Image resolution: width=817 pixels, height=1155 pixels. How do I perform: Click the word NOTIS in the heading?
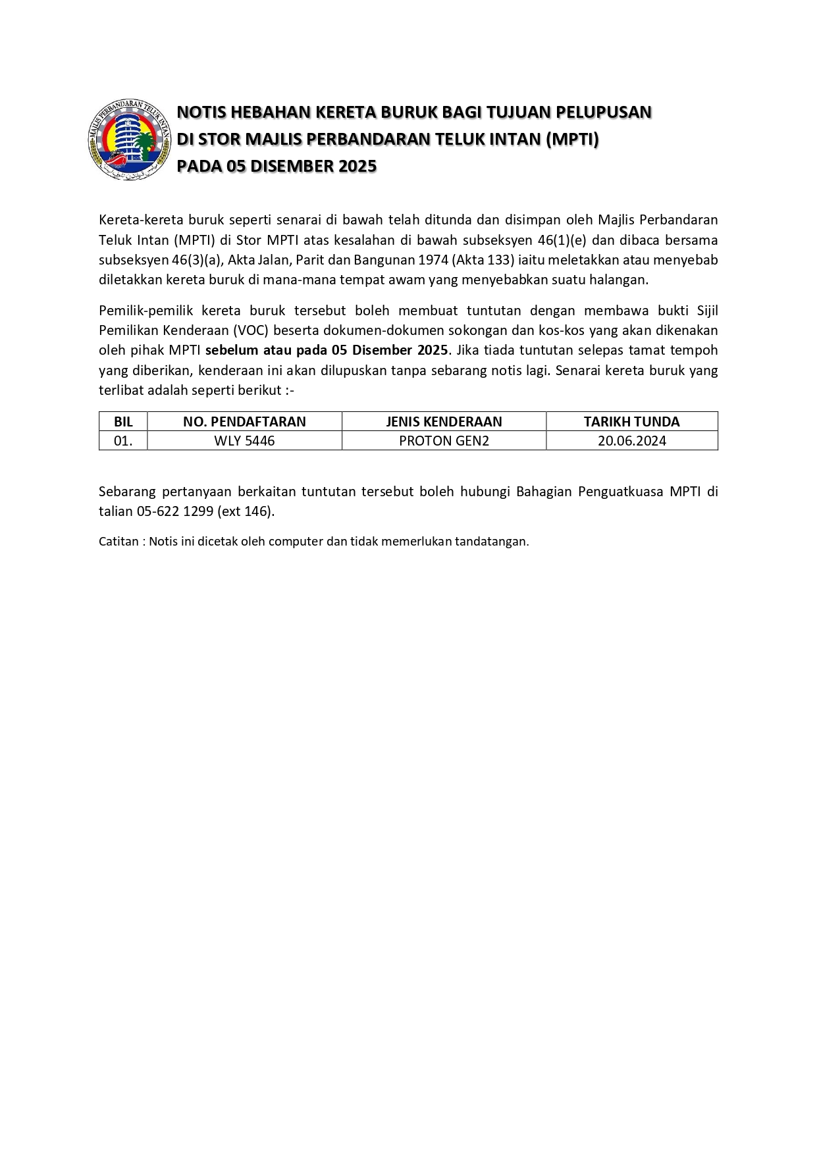click(x=201, y=113)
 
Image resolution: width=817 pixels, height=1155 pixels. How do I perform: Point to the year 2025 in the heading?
click(x=357, y=167)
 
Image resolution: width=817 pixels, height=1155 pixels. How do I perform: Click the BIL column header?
click(x=123, y=421)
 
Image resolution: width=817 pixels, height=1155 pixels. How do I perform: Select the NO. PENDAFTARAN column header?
click(x=244, y=421)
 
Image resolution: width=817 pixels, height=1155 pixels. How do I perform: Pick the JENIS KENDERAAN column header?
click(x=444, y=421)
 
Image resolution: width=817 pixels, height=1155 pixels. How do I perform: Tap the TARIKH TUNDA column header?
click(x=631, y=421)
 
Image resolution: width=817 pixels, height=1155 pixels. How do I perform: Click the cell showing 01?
click(x=123, y=441)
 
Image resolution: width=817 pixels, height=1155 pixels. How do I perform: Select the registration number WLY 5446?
click(x=244, y=441)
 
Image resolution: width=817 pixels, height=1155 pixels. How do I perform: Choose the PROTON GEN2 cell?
click(x=444, y=441)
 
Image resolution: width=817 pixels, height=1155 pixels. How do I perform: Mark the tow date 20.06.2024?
click(x=631, y=441)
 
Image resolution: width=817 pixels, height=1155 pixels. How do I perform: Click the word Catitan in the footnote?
click(x=119, y=542)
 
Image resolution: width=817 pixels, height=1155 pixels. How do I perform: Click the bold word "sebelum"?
click(x=231, y=350)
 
